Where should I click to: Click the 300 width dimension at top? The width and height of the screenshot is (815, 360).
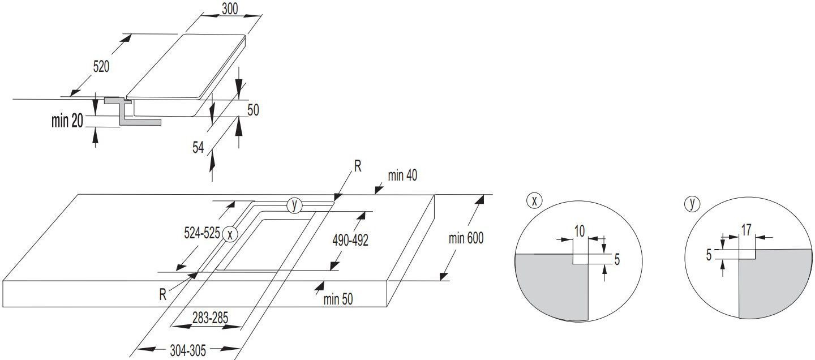coord(230,8)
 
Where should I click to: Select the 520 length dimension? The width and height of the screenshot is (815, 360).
coord(101,67)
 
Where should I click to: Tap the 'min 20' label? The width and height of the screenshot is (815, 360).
coord(67,121)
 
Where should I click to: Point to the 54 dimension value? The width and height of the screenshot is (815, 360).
coord(198,147)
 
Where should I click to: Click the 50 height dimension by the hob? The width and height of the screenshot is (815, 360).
coord(253,110)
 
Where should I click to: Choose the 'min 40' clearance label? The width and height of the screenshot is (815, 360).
coord(402,175)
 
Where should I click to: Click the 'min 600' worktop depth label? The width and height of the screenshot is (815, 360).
coord(466,238)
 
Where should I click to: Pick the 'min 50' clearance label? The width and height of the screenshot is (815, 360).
coord(338,299)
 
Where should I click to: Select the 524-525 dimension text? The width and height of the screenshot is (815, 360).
coord(202,233)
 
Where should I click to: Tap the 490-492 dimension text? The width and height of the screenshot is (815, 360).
coord(350,240)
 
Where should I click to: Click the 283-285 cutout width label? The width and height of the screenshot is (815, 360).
coord(211,318)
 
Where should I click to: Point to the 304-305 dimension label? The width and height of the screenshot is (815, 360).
coord(188,350)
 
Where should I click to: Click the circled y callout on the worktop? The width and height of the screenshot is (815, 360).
coord(294,205)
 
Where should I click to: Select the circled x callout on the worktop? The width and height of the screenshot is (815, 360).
coord(230,234)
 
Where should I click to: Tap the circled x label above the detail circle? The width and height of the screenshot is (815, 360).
coord(534,201)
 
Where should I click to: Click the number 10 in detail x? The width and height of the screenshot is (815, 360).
coord(579,231)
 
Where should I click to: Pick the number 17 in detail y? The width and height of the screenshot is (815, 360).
coord(746,230)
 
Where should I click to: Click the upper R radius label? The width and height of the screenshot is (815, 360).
coord(358,166)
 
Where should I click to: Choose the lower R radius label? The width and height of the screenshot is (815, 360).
coord(162,294)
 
